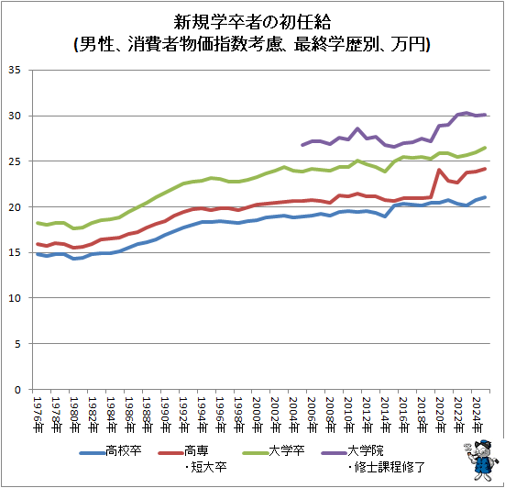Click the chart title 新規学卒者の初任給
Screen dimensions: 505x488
pyautogui.click(x=252, y=22)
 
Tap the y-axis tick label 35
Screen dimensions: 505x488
pyautogui.click(x=15, y=70)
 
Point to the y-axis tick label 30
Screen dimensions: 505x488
pyautogui.click(x=15, y=116)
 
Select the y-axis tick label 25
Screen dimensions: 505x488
pyautogui.click(x=15, y=161)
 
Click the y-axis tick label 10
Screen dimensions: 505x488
pyautogui.click(x=15, y=298)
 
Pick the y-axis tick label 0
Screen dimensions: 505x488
pyautogui.click(x=17, y=390)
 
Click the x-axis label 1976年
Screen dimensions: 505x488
pyautogui.click(x=38, y=415)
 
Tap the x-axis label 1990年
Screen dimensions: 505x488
pyautogui.click(x=166, y=415)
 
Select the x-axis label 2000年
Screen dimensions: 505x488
pyautogui.click(x=257, y=415)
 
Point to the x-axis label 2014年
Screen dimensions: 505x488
pyautogui.click(x=385, y=415)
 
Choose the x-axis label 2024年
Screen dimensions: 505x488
pyautogui.click(x=477, y=415)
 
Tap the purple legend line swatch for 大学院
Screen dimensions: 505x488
pyautogui.click(x=334, y=453)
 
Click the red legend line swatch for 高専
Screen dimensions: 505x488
pyautogui.click(x=170, y=453)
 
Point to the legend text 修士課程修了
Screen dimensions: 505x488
pyautogui.click(x=390, y=467)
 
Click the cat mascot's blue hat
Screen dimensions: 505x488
pyautogui.click(x=482, y=443)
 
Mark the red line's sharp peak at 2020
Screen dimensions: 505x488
pyautogui.click(x=439, y=170)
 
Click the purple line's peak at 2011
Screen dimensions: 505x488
pyautogui.click(x=357, y=128)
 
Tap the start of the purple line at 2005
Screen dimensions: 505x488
pyautogui.click(x=302, y=145)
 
